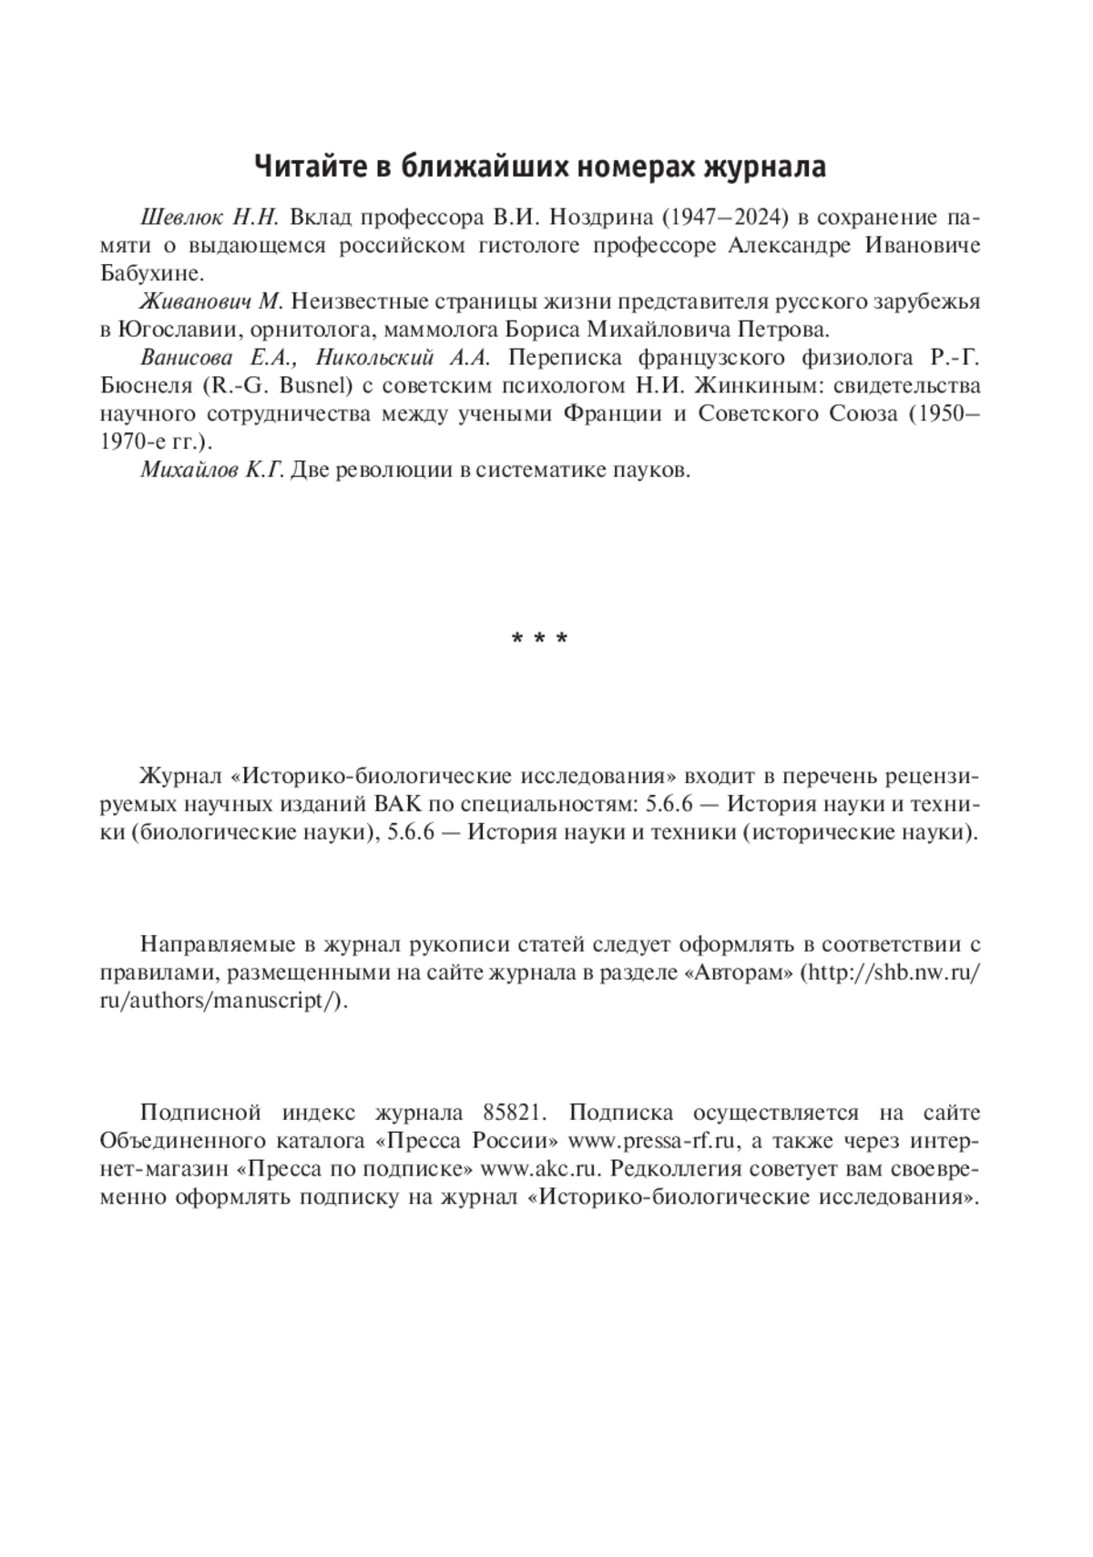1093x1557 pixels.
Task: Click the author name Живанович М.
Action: click(212, 301)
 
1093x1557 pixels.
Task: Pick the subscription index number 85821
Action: click(509, 1114)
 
